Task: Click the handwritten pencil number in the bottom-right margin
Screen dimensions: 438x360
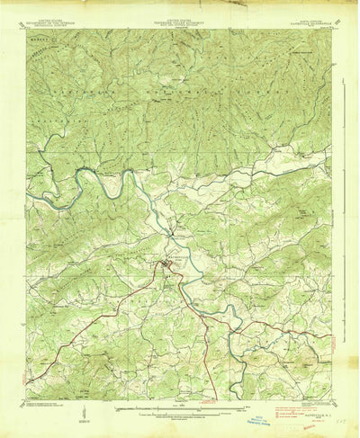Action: [x=341, y=406]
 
